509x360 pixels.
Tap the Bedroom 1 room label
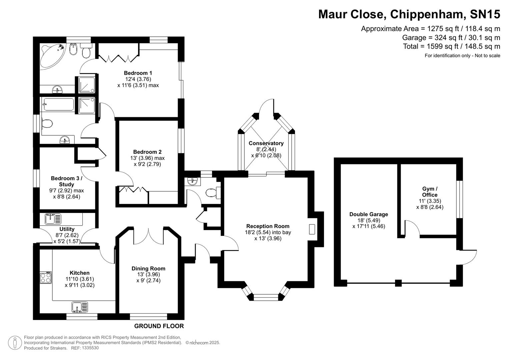pyautogui.click(x=138, y=73)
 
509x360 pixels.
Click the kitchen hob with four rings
pyautogui.click(x=46, y=278)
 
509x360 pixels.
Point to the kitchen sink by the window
pyautogui.click(x=80, y=307)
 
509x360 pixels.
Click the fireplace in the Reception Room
pyautogui.click(x=312, y=229)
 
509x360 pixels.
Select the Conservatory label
pyautogui.click(x=266, y=143)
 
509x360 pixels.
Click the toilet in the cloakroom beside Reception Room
pyautogui.click(x=212, y=193)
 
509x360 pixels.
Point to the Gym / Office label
pyautogui.click(x=430, y=192)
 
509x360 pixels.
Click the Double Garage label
pyautogui.click(x=369, y=214)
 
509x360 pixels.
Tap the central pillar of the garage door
pyautogui.click(x=398, y=283)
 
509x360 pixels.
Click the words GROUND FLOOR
pyautogui.click(x=159, y=326)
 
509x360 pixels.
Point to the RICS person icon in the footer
pyautogui.click(x=15, y=343)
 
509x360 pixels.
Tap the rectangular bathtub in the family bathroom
pyautogui.click(x=57, y=104)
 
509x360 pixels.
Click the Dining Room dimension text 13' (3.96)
pyautogui.click(x=148, y=274)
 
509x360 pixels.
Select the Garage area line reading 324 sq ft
pyautogui.click(x=451, y=38)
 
